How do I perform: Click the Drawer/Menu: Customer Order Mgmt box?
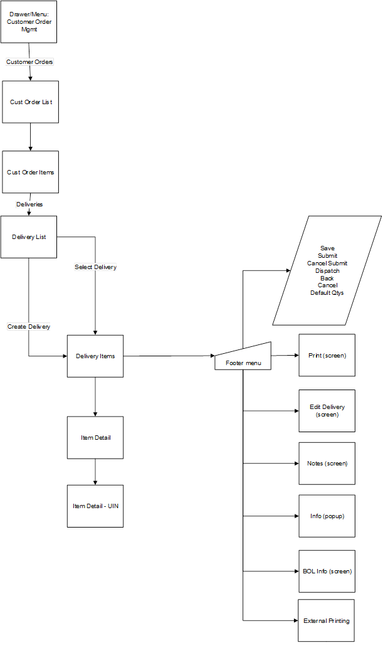29,22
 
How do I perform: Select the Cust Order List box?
31,102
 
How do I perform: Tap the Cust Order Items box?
31,172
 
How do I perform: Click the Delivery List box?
29,237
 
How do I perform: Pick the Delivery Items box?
95,356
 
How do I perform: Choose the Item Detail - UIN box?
95,506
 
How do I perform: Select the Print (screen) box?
327,355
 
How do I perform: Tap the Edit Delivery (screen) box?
327,411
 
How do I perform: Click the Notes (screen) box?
327,464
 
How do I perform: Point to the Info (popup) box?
327,516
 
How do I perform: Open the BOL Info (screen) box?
327,571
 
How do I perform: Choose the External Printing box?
327,620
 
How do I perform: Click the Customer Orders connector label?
29,62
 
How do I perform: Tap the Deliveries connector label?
29,204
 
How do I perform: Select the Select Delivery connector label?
95,267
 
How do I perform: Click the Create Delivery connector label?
29,327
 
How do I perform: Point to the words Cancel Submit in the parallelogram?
327,263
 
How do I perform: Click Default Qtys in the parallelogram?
327,293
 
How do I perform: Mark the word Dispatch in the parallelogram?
327,271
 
